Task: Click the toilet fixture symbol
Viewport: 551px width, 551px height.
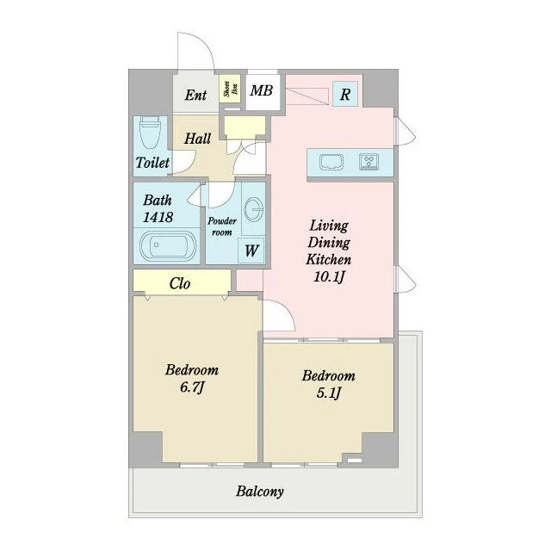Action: pyautogui.click(x=151, y=133)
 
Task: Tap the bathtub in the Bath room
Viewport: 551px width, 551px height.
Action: pyautogui.click(x=168, y=246)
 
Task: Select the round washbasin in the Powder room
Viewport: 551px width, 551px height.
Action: pyautogui.click(x=253, y=209)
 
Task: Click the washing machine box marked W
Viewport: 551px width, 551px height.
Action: pyautogui.click(x=251, y=251)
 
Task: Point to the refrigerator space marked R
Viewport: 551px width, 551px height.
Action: pyautogui.click(x=345, y=94)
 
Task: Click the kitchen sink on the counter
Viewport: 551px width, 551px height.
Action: pyautogui.click(x=331, y=162)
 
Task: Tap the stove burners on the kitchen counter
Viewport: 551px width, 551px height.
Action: pyautogui.click(x=369, y=162)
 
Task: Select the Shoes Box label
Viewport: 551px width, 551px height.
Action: pyautogui.click(x=231, y=89)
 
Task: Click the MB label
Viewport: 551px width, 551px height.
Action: pyautogui.click(x=262, y=90)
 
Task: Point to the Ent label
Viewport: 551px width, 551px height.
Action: pyautogui.click(x=195, y=95)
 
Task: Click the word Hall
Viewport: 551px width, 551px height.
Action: pyautogui.click(x=197, y=139)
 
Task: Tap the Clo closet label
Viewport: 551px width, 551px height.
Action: pyautogui.click(x=180, y=283)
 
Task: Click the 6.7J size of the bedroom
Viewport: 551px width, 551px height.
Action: pyautogui.click(x=192, y=387)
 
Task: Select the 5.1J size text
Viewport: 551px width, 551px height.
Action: pyautogui.click(x=329, y=393)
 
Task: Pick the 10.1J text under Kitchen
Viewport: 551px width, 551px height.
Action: pyautogui.click(x=329, y=277)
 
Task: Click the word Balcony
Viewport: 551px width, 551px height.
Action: pyautogui.click(x=260, y=492)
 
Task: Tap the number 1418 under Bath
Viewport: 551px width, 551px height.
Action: pyautogui.click(x=158, y=217)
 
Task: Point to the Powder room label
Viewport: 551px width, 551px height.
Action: pyautogui.click(x=222, y=226)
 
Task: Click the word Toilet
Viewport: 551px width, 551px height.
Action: pyautogui.click(x=152, y=163)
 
